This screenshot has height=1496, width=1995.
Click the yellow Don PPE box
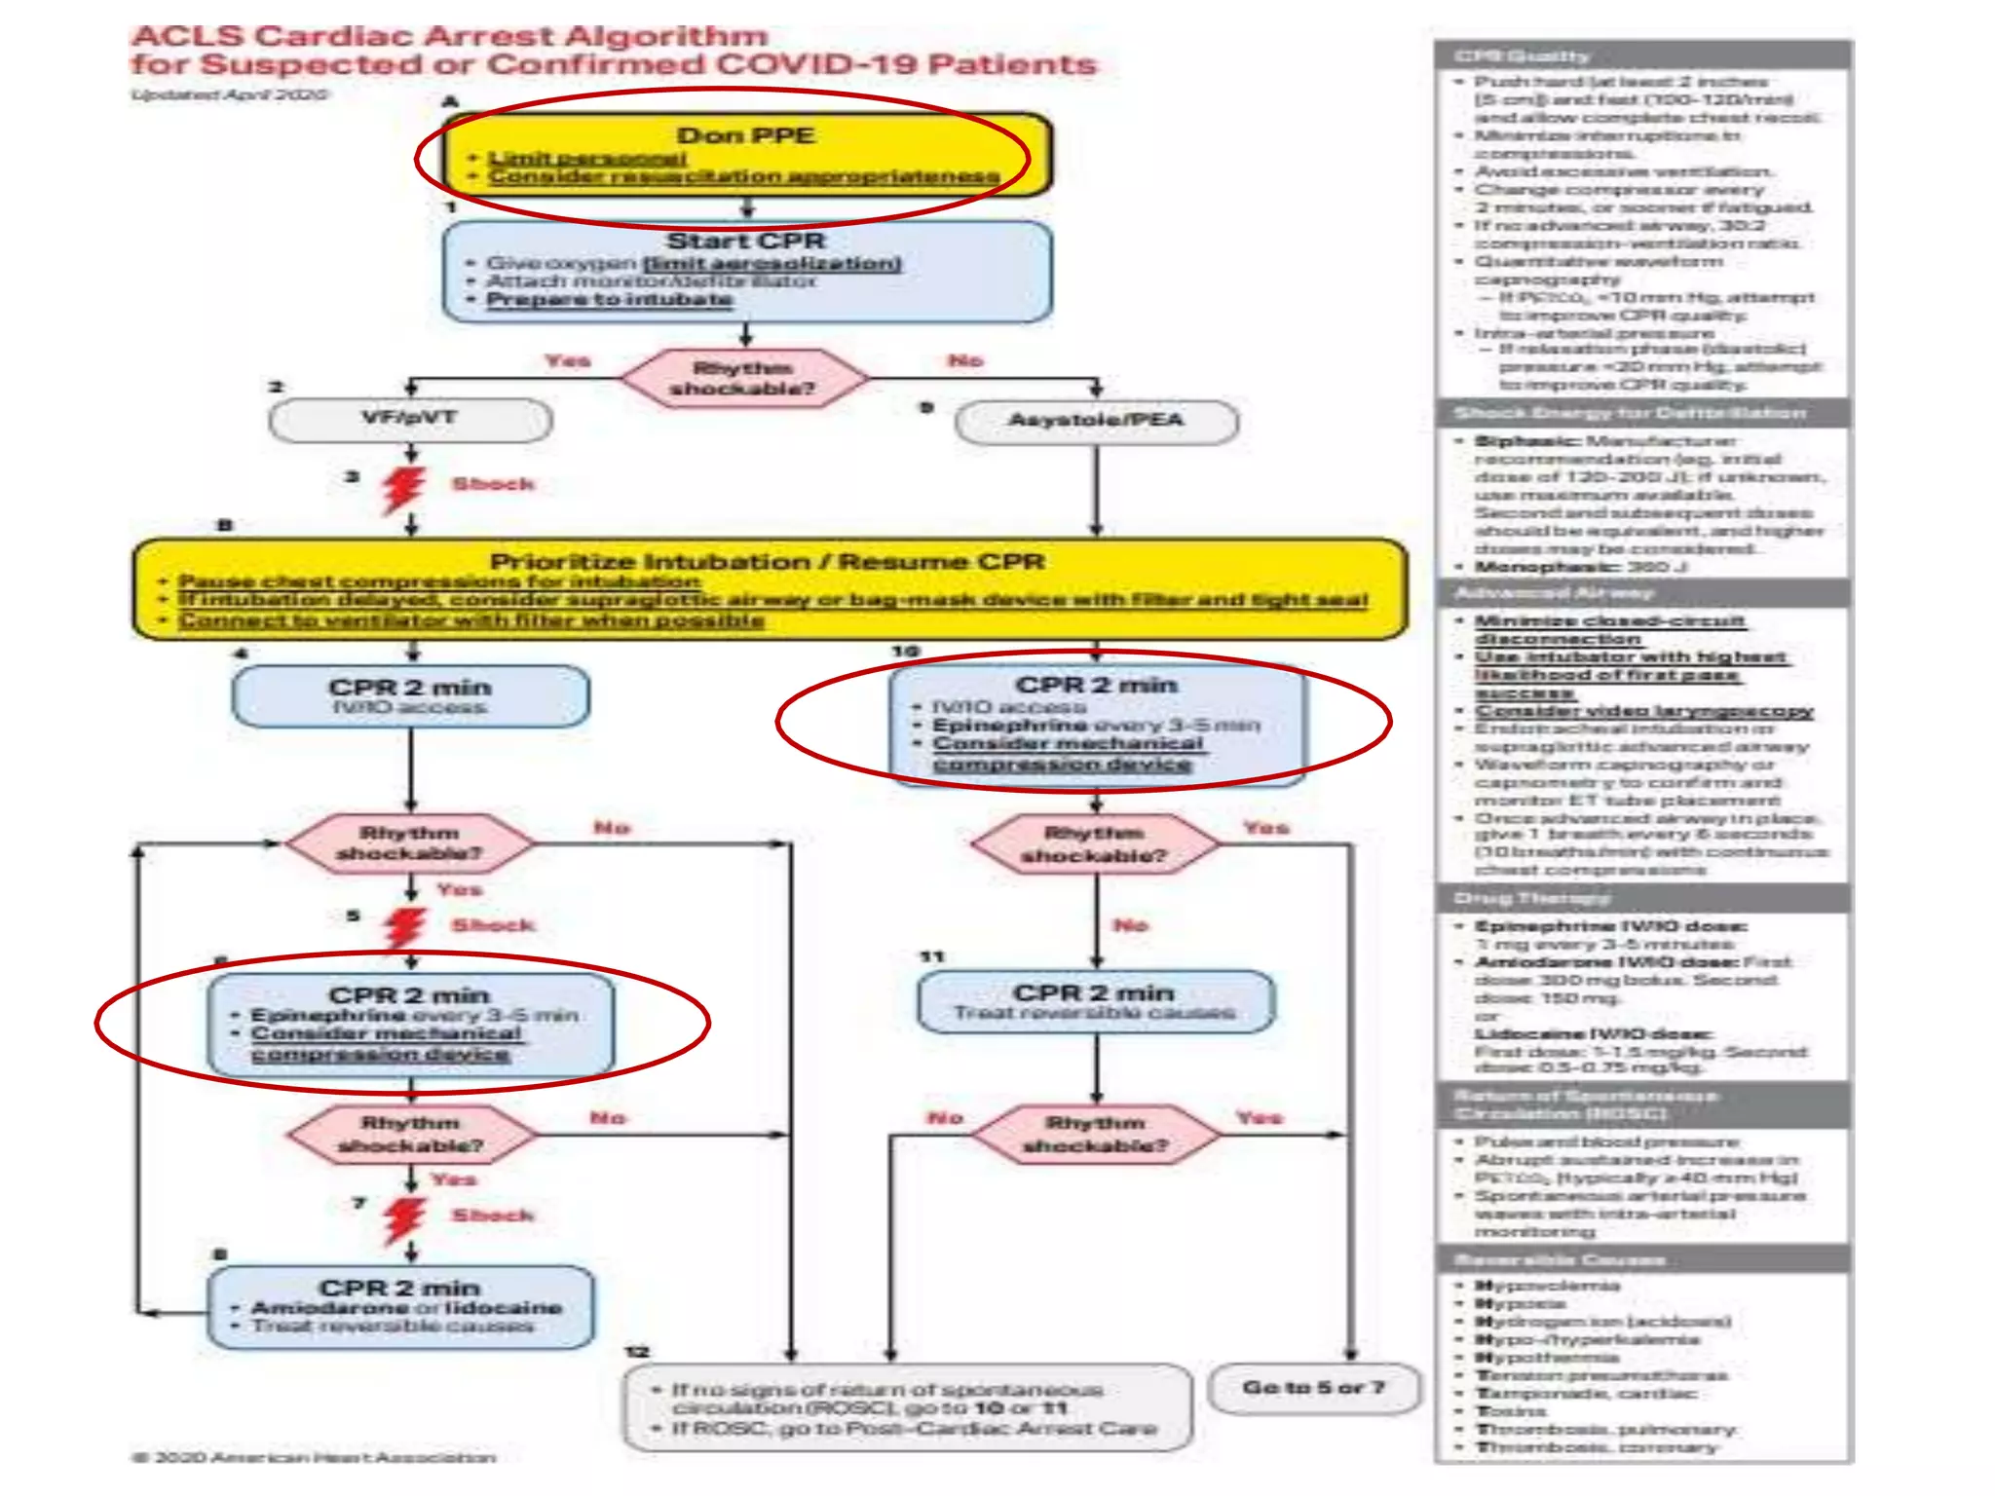(746, 155)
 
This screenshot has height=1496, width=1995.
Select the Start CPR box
(746, 271)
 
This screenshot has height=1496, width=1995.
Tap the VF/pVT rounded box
(410, 420)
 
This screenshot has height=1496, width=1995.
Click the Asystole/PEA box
(1096, 422)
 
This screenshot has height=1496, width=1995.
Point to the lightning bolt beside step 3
(403, 490)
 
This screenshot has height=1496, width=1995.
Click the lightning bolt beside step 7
(403, 1218)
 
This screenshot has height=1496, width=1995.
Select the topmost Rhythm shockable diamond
(744, 378)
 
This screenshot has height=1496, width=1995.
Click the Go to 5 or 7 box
(1313, 1388)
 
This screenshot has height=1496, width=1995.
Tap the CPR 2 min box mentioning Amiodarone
(400, 1307)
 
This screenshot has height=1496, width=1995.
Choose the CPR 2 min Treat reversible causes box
(1096, 1001)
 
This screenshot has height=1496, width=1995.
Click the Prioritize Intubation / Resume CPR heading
(768, 562)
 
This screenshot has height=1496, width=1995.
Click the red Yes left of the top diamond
(567, 361)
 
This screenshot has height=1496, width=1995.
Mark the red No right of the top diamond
(965, 361)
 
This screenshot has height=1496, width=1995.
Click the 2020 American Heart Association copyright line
(314, 1457)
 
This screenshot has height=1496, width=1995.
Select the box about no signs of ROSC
(907, 1407)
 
